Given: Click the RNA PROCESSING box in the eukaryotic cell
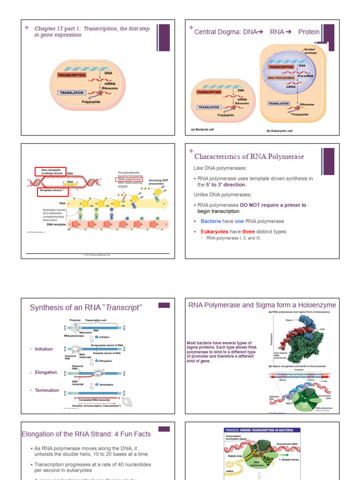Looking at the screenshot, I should pos(281,78).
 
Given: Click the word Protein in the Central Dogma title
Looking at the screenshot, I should pos(309,32).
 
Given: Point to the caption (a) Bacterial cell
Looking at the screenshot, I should pos(202,129).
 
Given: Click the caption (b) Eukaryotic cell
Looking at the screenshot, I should pos(279,131).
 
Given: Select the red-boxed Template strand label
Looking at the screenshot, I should pos(52,192).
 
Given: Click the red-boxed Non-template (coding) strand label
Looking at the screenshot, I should pos(50,172).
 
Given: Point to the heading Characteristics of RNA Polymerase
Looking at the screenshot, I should pos(249,157).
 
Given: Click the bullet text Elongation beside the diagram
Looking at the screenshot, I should pos(46,372).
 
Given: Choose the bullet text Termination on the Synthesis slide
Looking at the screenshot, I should pos(47,390).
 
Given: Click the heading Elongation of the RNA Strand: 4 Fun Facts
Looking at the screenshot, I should pos(86,434).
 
